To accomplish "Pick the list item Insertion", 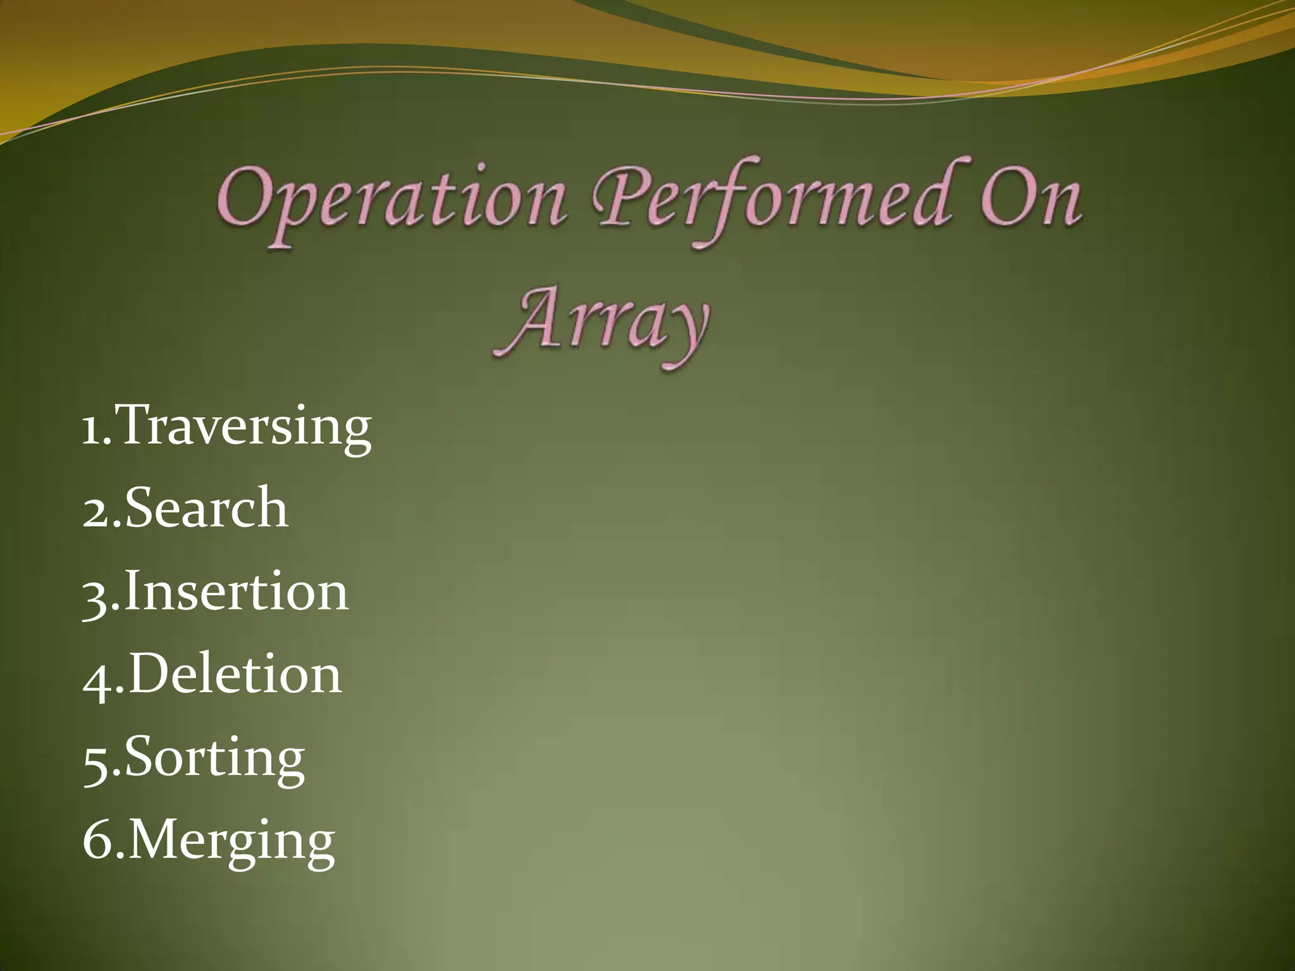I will pyautogui.click(x=235, y=592).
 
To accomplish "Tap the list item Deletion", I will pyautogui.click(x=235, y=675).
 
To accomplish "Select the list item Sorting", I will pyautogui.click(x=215, y=758).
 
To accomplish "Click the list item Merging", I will pyautogui.click(x=231, y=841).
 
